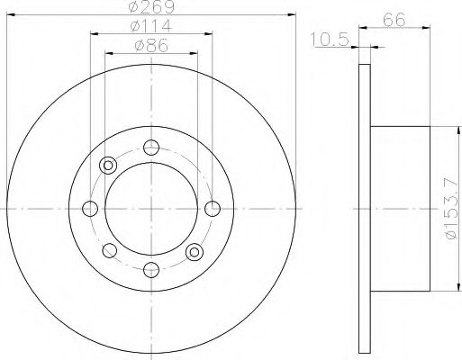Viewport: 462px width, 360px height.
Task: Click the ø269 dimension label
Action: pyautogui.click(x=150, y=7)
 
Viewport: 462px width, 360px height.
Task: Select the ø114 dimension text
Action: pyautogui.click(x=151, y=25)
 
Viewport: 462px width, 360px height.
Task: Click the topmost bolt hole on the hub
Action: pyautogui.click(x=150, y=148)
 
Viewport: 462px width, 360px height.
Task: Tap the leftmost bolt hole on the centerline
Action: pyautogui.click(x=90, y=209)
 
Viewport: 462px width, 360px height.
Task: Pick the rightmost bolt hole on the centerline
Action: pyautogui.click(x=212, y=209)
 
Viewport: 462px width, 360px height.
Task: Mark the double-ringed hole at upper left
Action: pyautogui.click(x=109, y=165)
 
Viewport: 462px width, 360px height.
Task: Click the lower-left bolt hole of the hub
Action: pyautogui.click(x=109, y=251)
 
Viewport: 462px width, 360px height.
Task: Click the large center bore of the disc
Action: pyautogui.click(x=150, y=209)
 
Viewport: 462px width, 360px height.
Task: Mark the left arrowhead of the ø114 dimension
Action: pyautogui.click(x=94, y=34)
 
